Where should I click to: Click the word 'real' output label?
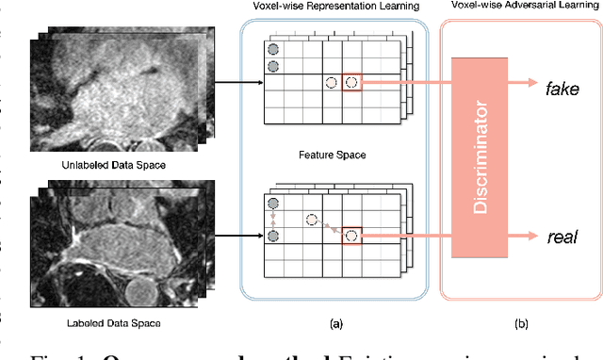(x=562, y=236)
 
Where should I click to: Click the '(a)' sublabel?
(x=335, y=323)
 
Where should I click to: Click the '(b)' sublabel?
(x=520, y=323)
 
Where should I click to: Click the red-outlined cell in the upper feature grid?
(x=351, y=83)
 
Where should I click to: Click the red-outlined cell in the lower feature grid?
(x=351, y=235)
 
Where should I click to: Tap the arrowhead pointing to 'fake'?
(x=532, y=84)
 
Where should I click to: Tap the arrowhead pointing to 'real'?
(x=532, y=235)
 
